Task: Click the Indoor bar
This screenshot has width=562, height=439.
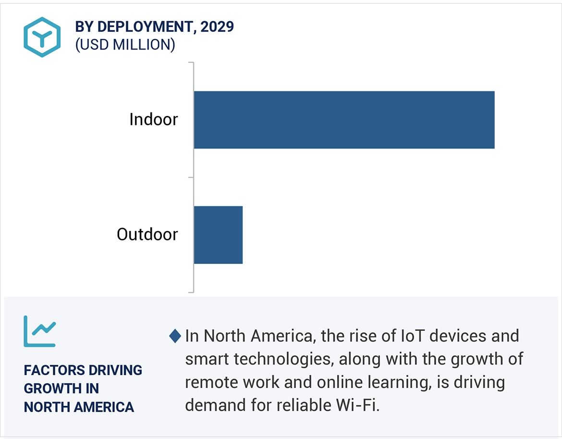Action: [x=344, y=119]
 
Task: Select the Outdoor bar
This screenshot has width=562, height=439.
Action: [x=218, y=235]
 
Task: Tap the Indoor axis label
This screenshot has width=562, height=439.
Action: [x=153, y=119]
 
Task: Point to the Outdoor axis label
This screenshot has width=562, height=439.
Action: [x=147, y=235]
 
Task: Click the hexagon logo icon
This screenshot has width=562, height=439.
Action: [x=42, y=37]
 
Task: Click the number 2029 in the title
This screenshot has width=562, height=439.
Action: [x=217, y=27]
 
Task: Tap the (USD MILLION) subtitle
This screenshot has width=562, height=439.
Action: [x=125, y=45]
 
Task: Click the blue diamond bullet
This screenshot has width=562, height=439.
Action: [x=175, y=336]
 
